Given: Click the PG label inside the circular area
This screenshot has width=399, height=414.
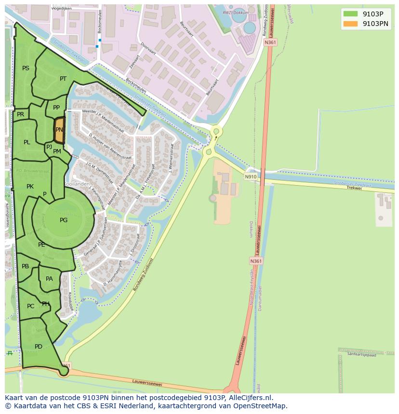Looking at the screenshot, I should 64,220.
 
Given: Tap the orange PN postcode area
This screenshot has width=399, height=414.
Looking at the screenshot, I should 59,130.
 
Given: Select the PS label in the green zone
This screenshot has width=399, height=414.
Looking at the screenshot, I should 26,68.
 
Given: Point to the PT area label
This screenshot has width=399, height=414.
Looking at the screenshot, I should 63,79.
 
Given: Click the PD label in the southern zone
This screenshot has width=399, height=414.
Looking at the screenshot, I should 39,347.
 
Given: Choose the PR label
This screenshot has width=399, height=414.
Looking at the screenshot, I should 20,114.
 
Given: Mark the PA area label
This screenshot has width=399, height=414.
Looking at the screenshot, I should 49,279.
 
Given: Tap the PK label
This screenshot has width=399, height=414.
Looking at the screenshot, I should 30,187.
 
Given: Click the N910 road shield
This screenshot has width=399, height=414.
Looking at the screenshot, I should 251,176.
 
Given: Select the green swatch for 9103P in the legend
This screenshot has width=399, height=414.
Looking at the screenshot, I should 351,14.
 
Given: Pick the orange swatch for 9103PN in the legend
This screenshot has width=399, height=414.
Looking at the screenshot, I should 351,24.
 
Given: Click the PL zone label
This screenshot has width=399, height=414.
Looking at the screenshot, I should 27,142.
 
